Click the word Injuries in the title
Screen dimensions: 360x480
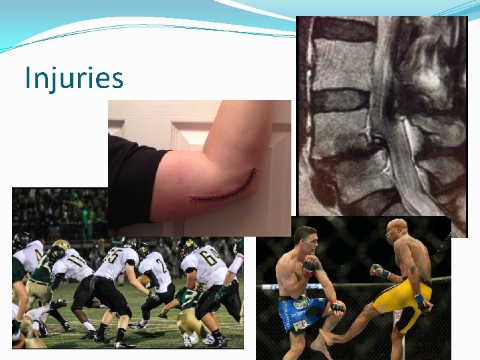click(x=74, y=78)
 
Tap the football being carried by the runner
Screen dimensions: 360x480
click(x=145, y=281)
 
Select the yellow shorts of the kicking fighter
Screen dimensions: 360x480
click(x=400, y=297)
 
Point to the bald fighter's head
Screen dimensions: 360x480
click(x=398, y=229)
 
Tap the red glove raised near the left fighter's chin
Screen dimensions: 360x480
click(x=309, y=266)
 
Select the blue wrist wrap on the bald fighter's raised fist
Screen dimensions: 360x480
click(x=385, y=273)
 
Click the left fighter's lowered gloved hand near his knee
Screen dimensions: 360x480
click(x=337, y=307)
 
